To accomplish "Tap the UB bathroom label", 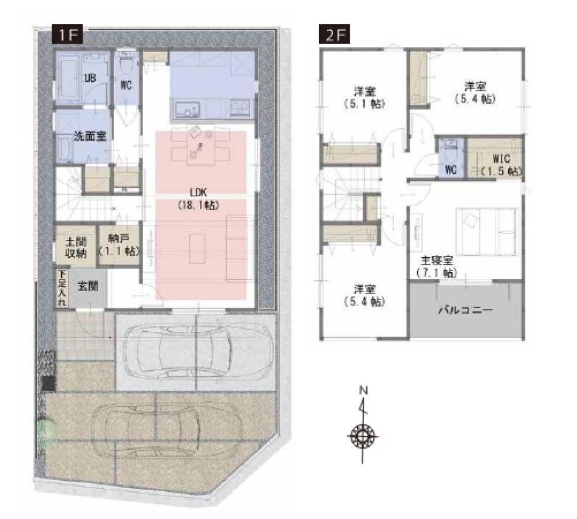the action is [90, 78].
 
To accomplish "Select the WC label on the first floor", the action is [126, 85].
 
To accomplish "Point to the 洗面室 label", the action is [90, 136].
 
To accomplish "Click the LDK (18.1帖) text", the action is [198, 198].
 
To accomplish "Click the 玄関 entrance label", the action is [88, 286].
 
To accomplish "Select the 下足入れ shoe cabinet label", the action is [62, 288].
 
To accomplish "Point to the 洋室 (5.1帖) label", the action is [364, 97].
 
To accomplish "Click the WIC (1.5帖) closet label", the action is [501, 165].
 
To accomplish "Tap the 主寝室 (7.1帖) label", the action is [437, 266].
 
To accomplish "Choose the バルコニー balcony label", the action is [466, 310].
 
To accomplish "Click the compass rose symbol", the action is [363, 436].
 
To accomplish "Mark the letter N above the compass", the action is [364, 390].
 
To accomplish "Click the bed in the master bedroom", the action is [487, 231].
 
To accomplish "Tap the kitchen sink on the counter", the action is [188, 109].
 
